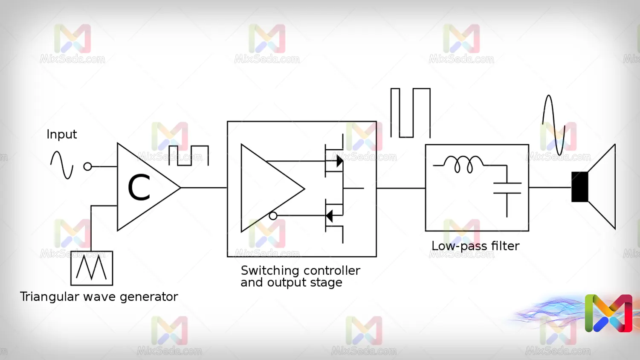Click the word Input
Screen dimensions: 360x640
coord(61,134)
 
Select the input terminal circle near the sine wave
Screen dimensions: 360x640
coord(88,166)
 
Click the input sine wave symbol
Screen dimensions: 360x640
coord(62,165)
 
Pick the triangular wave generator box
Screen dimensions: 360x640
coord(92,268)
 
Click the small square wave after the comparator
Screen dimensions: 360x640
coord(188,156)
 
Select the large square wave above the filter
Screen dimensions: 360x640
coord(410,113)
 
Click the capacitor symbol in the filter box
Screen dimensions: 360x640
coord(507,188)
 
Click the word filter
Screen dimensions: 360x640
coord(505,246)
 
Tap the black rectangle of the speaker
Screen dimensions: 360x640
coord(579,187)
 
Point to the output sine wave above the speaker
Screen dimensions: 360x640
coord(553,125)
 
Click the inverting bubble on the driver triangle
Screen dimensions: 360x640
coord(273,216)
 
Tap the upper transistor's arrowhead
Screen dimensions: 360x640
coord(339,161)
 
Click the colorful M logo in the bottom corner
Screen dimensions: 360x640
coord(608,313)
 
